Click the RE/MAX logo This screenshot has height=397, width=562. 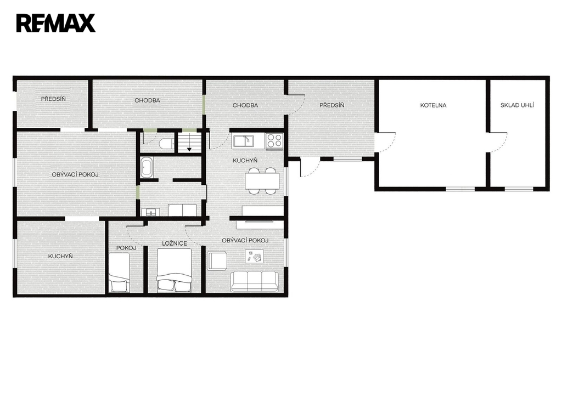point(56,23)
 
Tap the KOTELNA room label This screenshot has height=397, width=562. point(434,105)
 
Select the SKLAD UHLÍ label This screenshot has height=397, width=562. point(517,105)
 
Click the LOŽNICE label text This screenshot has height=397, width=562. point(175,243)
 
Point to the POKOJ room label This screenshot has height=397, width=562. point(126,248)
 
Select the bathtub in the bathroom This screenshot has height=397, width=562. point(147,167)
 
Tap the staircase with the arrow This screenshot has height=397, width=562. point(189,142)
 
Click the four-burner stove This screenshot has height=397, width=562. point(274,140)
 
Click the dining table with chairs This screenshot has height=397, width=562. point(262,181)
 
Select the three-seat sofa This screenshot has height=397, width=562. point(255,282)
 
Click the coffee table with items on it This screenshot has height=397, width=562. point(254,256)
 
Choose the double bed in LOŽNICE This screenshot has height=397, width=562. point(174,270)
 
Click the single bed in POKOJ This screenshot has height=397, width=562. point(119,273)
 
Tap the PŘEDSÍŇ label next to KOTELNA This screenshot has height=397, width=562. point(331,105)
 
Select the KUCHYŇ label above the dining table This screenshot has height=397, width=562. point(245,160)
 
